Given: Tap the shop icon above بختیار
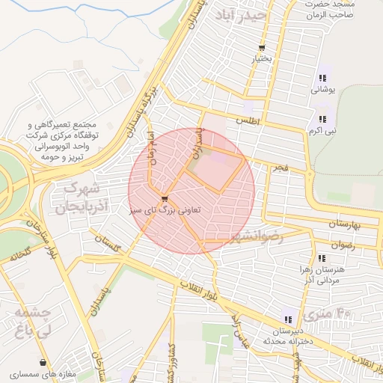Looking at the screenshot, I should coord(261,48).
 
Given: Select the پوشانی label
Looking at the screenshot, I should coord(323,88).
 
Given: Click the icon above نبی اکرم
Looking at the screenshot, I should coord(322,119).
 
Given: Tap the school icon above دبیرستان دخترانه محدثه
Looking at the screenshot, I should coord(287,320).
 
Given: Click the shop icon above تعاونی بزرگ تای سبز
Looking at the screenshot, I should coord(164,200).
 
